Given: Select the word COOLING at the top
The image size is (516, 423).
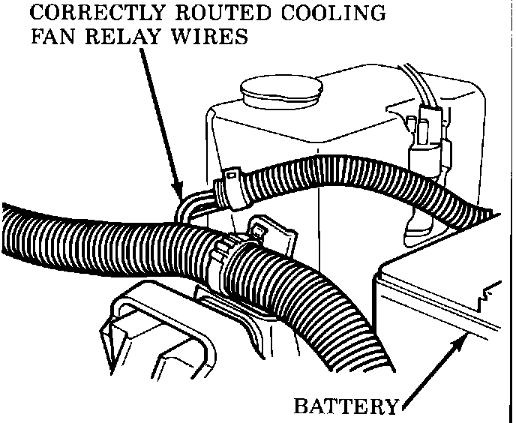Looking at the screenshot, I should (340, 13).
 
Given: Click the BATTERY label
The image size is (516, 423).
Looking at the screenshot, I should (345, 407).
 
